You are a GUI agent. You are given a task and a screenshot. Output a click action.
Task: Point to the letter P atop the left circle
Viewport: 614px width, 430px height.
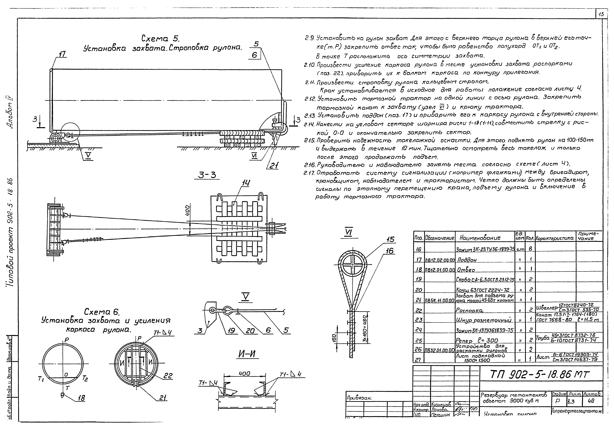pos(67,340)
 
